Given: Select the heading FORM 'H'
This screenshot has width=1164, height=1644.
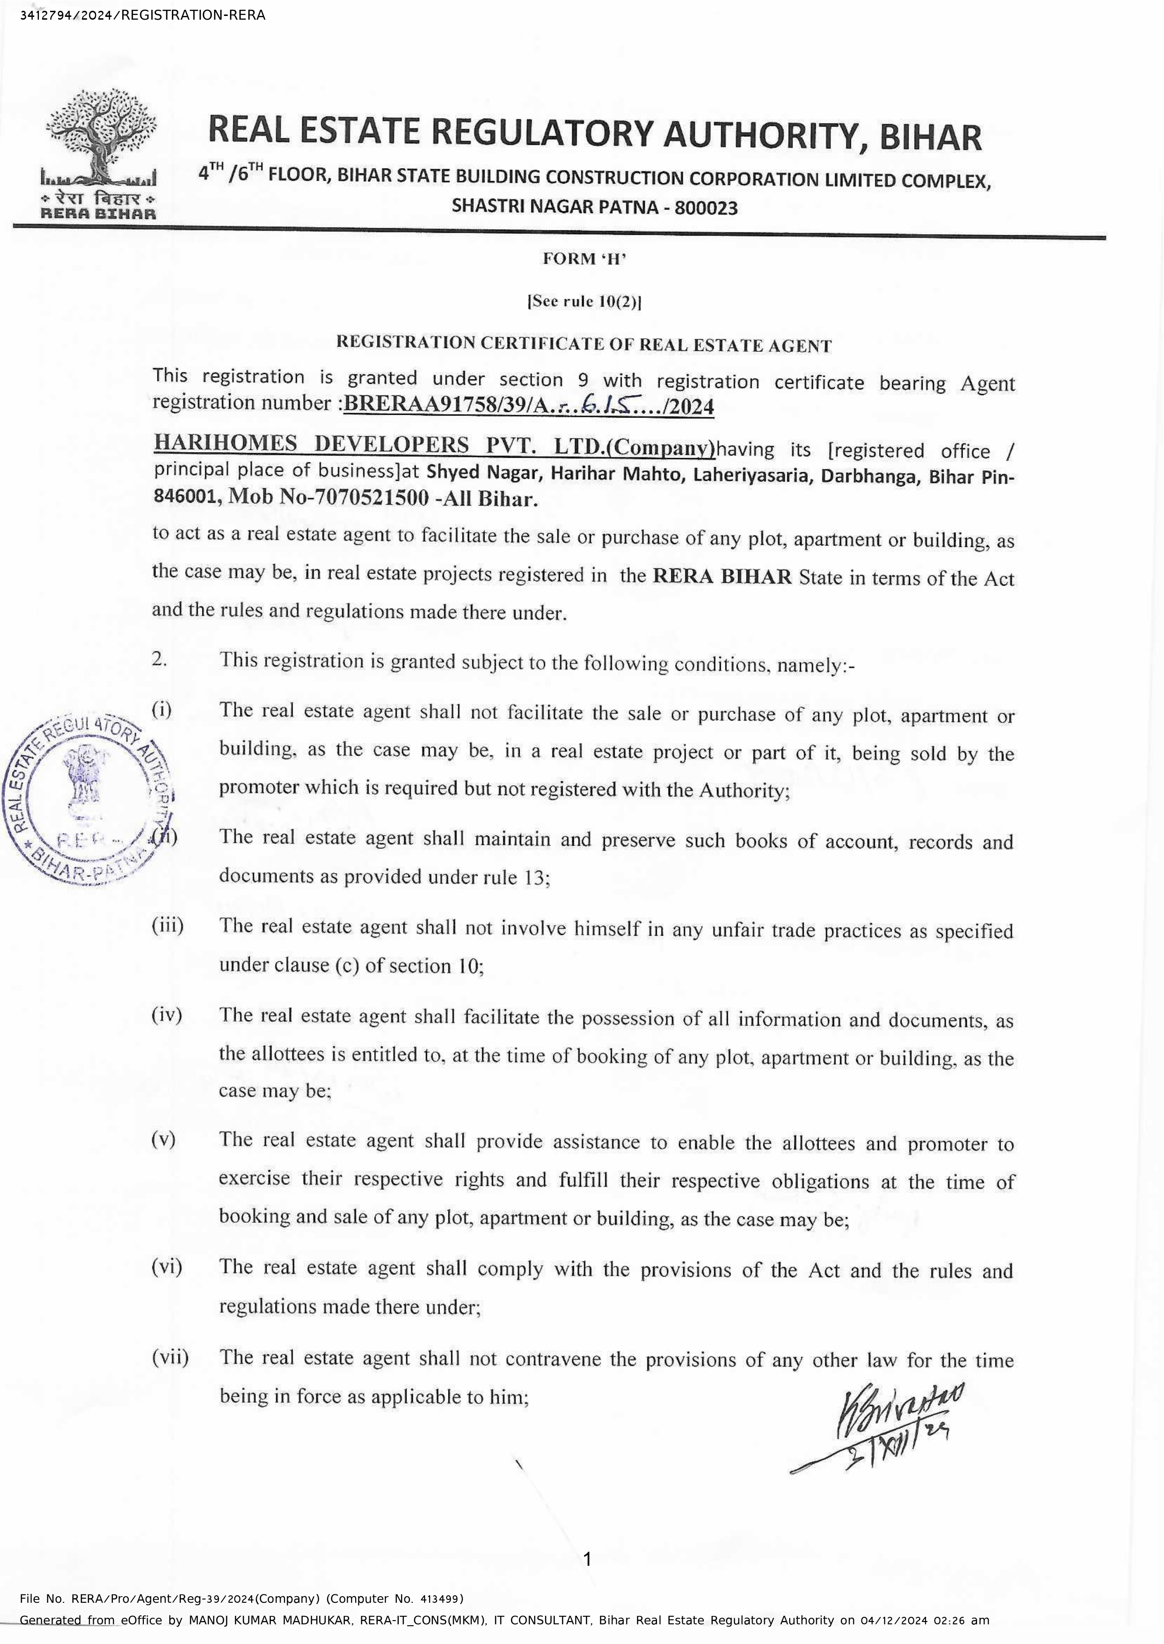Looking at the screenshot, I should [x=584, y=259].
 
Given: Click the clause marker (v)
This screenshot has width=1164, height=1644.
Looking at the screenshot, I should [x=164, y=1139].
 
